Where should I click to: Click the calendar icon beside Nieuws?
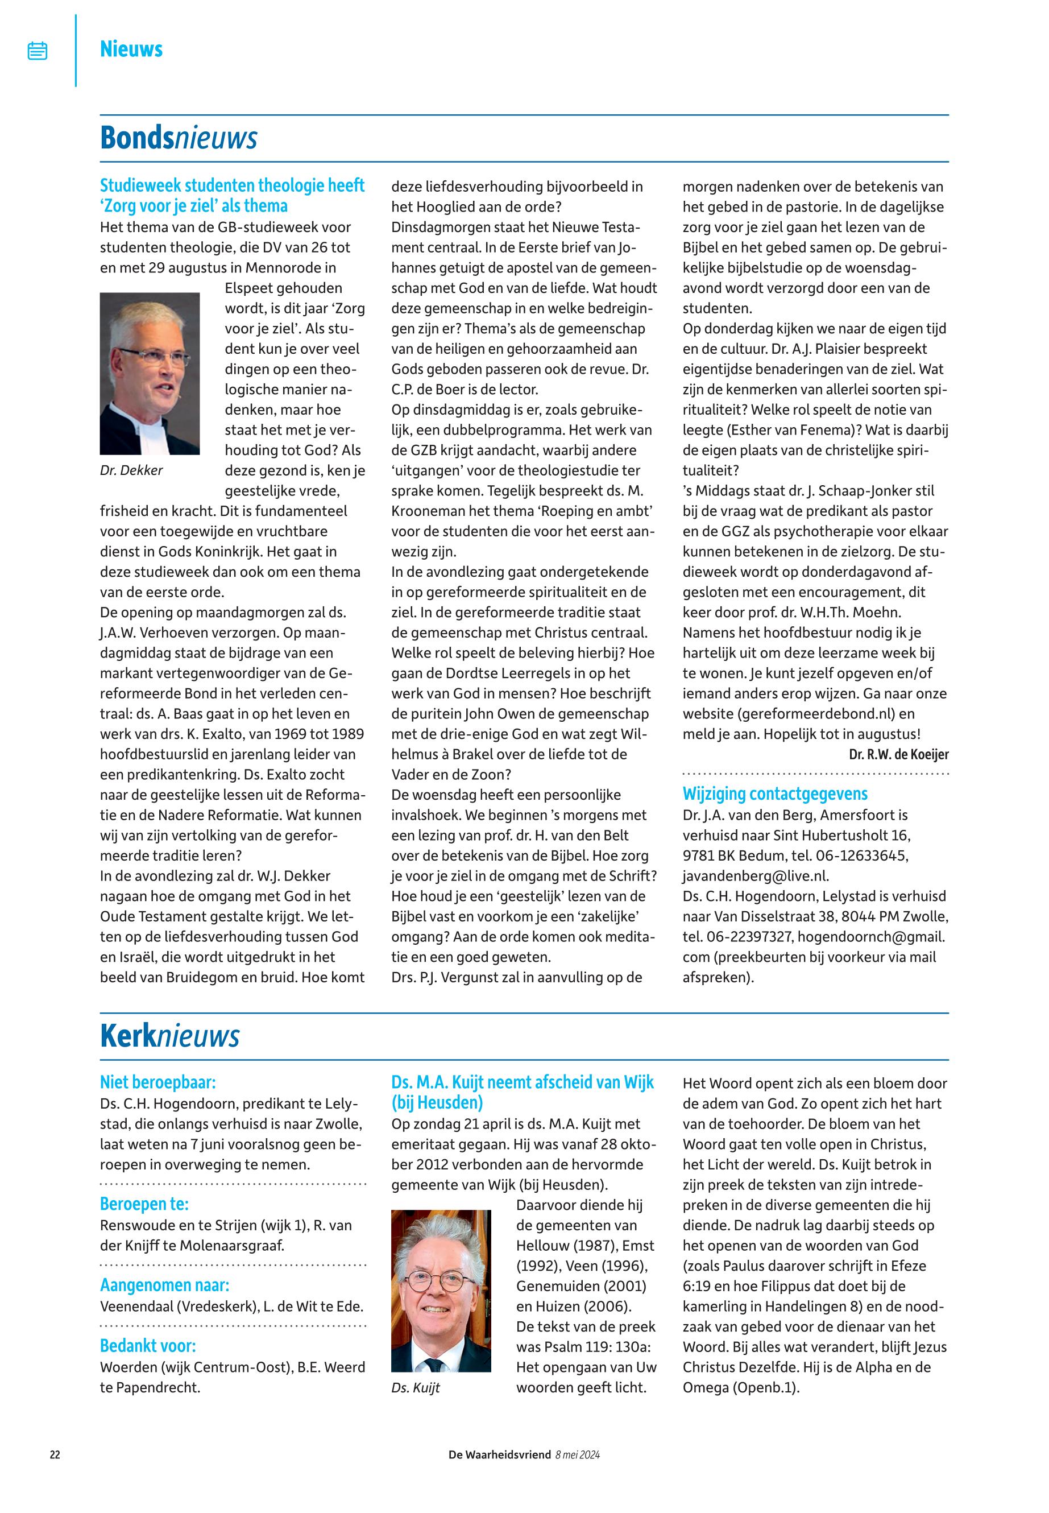(x=38, y=51)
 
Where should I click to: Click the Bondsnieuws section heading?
(x=178, y=138)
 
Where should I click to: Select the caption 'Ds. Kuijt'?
(x=416, y=1387)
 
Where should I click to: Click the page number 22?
(x=55, y=1473)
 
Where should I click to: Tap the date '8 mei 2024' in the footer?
(x=577, y=1473)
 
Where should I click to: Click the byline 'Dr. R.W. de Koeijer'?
(x=898, y=754)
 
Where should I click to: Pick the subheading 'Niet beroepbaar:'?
(x=157, y=1082)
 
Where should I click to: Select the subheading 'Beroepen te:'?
(x=144, y=1204)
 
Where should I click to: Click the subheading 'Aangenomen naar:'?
(x=164, y=1285)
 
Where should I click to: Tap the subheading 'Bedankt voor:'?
(x=148, y=1346)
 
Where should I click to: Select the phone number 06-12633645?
(x=861, y=855)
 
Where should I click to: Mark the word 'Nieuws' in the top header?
(x=131, y=49)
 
